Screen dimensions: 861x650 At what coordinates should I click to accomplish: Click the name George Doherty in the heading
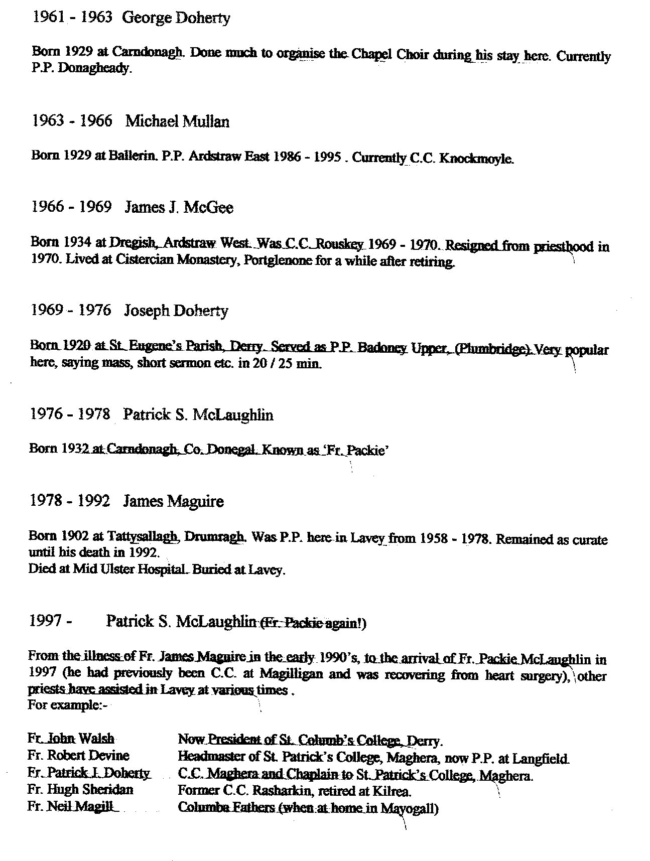(176, 19)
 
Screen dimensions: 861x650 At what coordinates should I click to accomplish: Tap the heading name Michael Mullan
(177, 122)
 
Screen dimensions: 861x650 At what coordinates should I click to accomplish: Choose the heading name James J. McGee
(179, 208)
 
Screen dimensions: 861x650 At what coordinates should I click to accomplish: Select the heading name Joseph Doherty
(176, 311)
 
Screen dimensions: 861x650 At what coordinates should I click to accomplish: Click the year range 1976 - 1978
(70, 414)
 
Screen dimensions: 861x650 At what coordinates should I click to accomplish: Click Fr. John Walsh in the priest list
(71, 739)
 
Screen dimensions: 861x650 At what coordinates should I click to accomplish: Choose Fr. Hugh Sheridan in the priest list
(80, 789)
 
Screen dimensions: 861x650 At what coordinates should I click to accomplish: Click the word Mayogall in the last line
(410, 808)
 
